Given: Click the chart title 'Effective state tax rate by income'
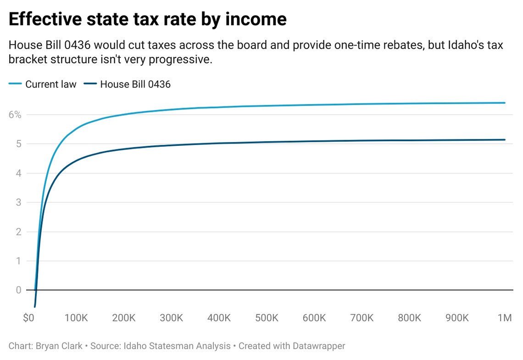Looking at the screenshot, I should pyautogui.click(x=148, y=19).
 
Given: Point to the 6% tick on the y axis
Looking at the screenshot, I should pyautogui.click(x=15, y=115).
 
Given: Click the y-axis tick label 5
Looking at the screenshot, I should pyautogui.click(x=18, y=144).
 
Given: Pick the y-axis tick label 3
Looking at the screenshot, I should pyautogui.click(x=18, y=203).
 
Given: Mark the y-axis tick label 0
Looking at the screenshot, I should pyautogui.click(x=18, y=290).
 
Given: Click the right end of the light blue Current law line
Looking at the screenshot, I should pyautogui.click(x=505, y=103).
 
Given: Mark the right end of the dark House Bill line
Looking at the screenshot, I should pyautogui.click(x=505, y=140).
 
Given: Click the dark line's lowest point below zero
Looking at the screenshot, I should pyautogui.click(x=35, y=306).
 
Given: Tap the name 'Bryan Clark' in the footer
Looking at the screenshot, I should pyautogui.click(x=59, y=346).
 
